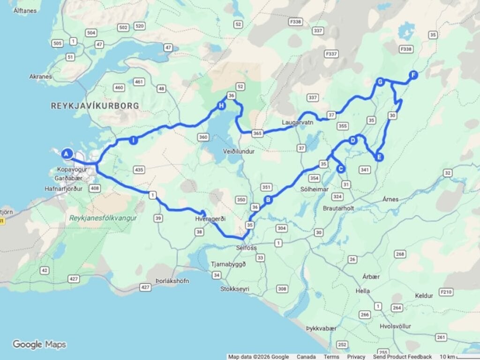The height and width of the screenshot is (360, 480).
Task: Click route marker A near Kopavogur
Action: tap(67, 153)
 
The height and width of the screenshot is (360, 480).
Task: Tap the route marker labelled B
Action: tap(269, 200)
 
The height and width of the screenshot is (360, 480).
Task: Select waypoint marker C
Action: tap(341, 169)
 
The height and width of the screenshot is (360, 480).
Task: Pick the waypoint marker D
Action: tap(353, 140)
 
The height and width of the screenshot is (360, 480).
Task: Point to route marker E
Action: tap(379, 157)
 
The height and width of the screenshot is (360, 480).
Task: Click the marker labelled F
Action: tap(413, 75)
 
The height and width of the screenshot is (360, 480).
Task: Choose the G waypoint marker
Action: tap(381, 82)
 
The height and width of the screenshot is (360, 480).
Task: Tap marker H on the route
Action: tap(221, 105)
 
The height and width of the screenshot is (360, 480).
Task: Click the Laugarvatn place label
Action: tap(297, 122)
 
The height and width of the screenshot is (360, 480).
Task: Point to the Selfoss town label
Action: tap(247, 247)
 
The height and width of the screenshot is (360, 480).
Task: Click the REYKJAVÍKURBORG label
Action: tap(95, 106)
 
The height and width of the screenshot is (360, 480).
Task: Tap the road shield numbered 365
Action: tap(256, 133)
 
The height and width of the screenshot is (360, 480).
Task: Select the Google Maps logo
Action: tap(39, 345)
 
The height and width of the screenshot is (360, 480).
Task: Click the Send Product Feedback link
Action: tap(402, 357)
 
